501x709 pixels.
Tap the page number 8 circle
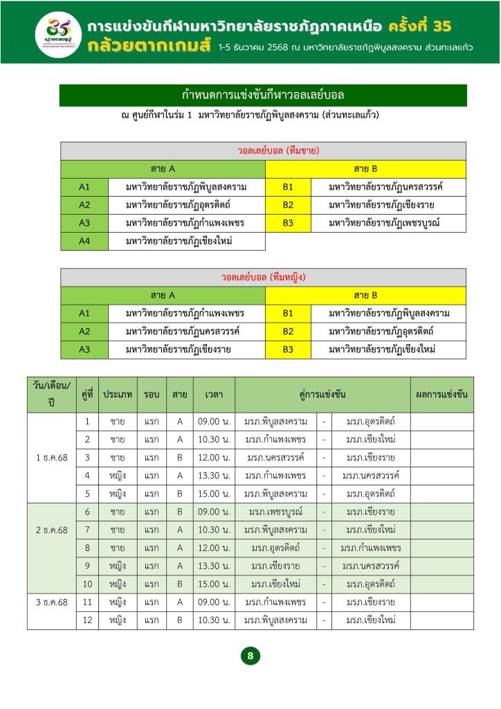(x=250, y=655)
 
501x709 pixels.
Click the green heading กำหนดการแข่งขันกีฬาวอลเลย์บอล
(x=263, y=95)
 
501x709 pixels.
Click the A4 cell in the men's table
(x=84, y=241)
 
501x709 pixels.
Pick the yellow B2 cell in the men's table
(x=288, y=205)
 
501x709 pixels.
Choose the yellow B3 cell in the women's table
(x=288, y=350)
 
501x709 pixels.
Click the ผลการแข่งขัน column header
(x=441, y=395)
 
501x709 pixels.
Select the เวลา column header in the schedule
(x=214, y=395)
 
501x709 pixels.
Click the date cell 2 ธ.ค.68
(x=51, y=530)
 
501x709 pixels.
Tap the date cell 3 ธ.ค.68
(x=51, y=602)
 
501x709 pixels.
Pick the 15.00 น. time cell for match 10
(x=214, y=584)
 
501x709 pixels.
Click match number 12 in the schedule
(x=87, y=620)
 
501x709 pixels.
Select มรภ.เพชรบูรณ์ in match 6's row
(x=275, y=512)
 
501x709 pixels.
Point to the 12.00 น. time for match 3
(x=214, y=458)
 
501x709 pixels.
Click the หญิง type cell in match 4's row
(x=118, y=476)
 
